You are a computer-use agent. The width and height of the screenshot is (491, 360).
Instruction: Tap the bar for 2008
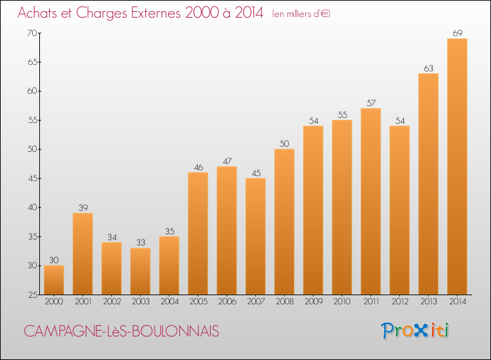[x=284, y=222]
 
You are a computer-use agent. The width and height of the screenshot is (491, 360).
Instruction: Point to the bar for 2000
[x=54, y=280]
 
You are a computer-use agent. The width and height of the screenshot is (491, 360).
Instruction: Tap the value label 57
[x=371, y=102]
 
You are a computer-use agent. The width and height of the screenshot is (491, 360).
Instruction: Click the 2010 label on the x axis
[x=342, y=302]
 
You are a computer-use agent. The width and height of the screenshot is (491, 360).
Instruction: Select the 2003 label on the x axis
[x=140, y=302]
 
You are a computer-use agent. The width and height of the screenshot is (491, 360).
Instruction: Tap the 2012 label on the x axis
[x=399, y=302]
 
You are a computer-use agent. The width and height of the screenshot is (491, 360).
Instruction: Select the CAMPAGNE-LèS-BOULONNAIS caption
[x=122, y=331]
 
